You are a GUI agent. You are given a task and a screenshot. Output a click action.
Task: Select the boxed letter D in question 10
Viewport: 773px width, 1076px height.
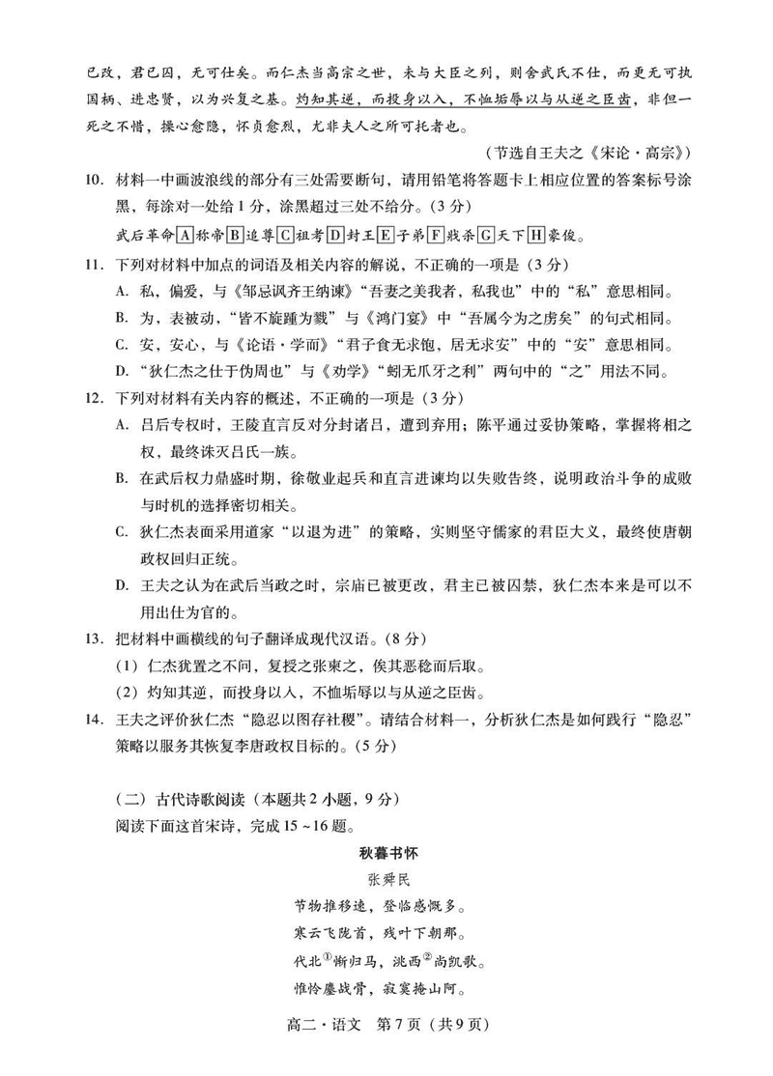coord(335,234)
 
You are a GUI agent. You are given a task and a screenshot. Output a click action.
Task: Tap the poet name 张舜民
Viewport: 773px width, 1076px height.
coord(386,880)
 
